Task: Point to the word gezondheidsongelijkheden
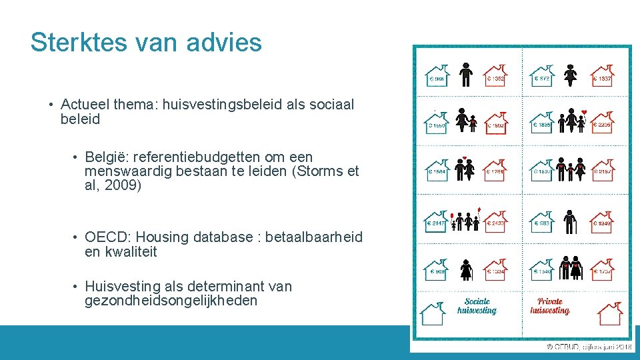(x=171, y=301)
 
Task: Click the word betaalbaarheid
(x=314, y=237)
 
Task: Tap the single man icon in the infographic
(x=466, y=75)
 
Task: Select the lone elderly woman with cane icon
(x=466, y=269)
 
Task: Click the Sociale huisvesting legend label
(x=477, y=306)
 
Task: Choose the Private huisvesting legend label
(x=549, y=306)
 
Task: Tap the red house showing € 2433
(x=495, y=220)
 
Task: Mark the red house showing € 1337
(x=602, y=76)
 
